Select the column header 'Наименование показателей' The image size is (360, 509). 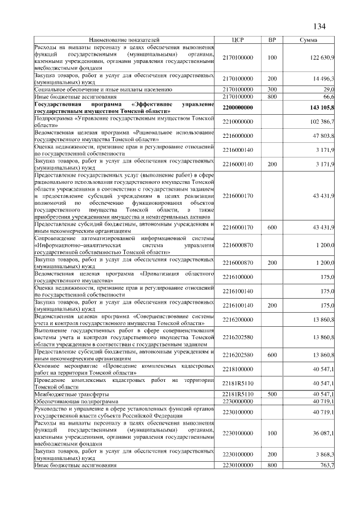pyautogui.click(x=124, y=40)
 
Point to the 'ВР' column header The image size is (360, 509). pyautogui.click(x=272, y=40)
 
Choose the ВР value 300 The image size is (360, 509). pyautogui.click(x=272, y=89)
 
